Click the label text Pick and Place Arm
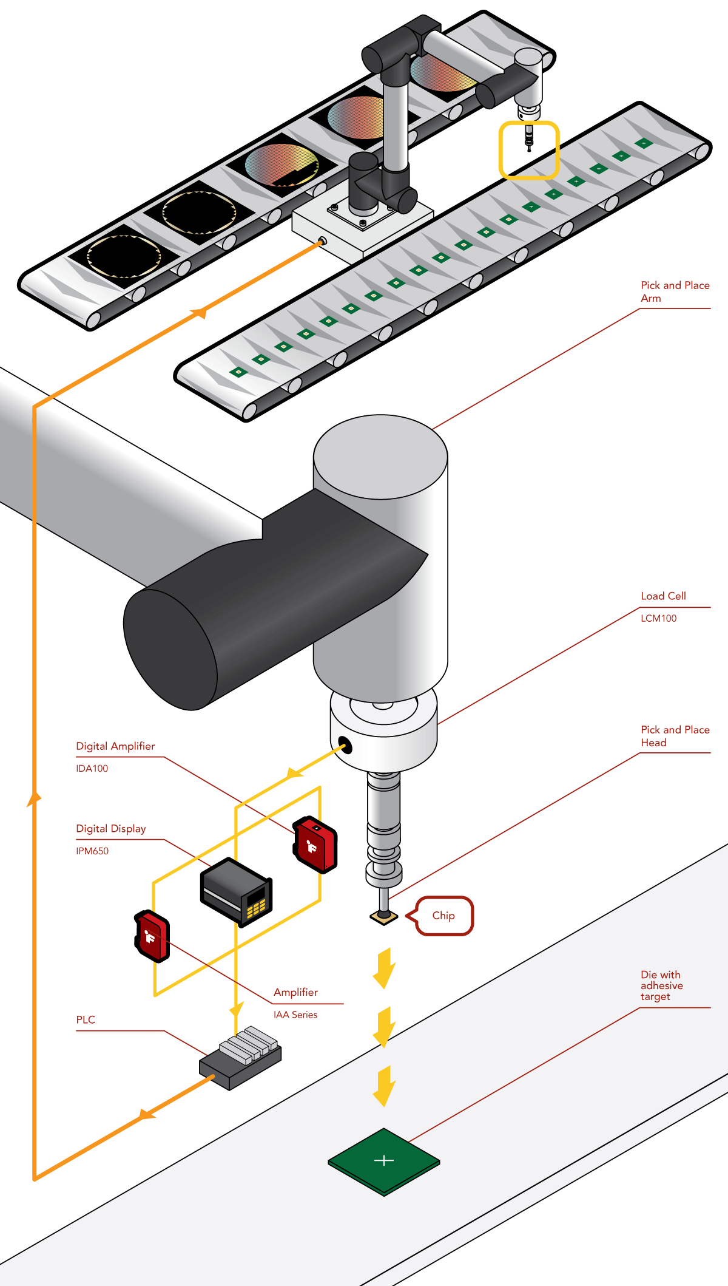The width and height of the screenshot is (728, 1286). pyautogui.click(x=674, y=291)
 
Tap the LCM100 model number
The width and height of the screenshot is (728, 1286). pyautogui.click(x=658, y=618)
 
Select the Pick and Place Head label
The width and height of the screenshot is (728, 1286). pyautogui.click(x=674, y=736)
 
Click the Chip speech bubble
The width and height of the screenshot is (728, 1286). pyautogui.click(x=444, y=916)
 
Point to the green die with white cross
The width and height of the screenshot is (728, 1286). pyautogui.click(x=384, y=1161)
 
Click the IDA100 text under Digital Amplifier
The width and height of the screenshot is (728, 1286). pyautogui.click(x=92, y=768)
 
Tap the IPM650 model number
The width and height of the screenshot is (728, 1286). pyautogui.click(x=92, y=851)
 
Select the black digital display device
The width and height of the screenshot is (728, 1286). pyautogui.click(x=235, y=891)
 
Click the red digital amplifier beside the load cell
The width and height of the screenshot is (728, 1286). pyautogui.click(x=315, y=845)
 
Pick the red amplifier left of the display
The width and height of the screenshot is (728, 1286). pyautogui.click(x=152, y=936)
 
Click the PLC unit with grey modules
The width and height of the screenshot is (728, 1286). pyautogui.click(x=240, y=1059)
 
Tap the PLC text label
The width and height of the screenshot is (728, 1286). pyautogui.click(x=86, y=1019)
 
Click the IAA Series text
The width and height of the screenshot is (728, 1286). pyautogui.click(x=295, y=1015)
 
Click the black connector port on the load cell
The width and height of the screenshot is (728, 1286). pyautogui.click(x=345, y=745)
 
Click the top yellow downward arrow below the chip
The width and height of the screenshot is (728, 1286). pyautogui.click(x=383, y=968)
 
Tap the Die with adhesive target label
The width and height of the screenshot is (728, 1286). pyautogui.click(x=661, y=985)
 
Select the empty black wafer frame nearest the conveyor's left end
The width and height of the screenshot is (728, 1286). pyautogui.click(x=124, y=256)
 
